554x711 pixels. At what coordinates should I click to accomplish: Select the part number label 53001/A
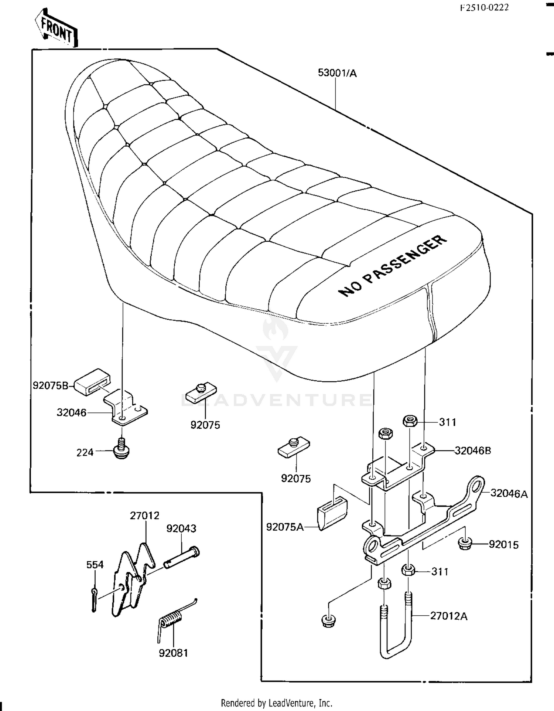[x=337, y=73]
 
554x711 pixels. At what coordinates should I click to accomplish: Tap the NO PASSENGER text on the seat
[x=393, y=266]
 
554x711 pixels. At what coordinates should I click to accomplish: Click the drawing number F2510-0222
[x=484, y=7]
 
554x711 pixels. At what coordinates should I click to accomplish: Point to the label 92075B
[x=51, y=385]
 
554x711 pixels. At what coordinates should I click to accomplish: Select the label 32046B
[x=473, y=450]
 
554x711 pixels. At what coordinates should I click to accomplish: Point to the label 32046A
[x=509, y=493]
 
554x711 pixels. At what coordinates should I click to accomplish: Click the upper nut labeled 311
[x=410, y=421]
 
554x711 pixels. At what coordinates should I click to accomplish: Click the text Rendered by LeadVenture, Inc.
[x=277, y=703]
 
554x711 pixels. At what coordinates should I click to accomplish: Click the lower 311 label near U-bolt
[x=440, y=571]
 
